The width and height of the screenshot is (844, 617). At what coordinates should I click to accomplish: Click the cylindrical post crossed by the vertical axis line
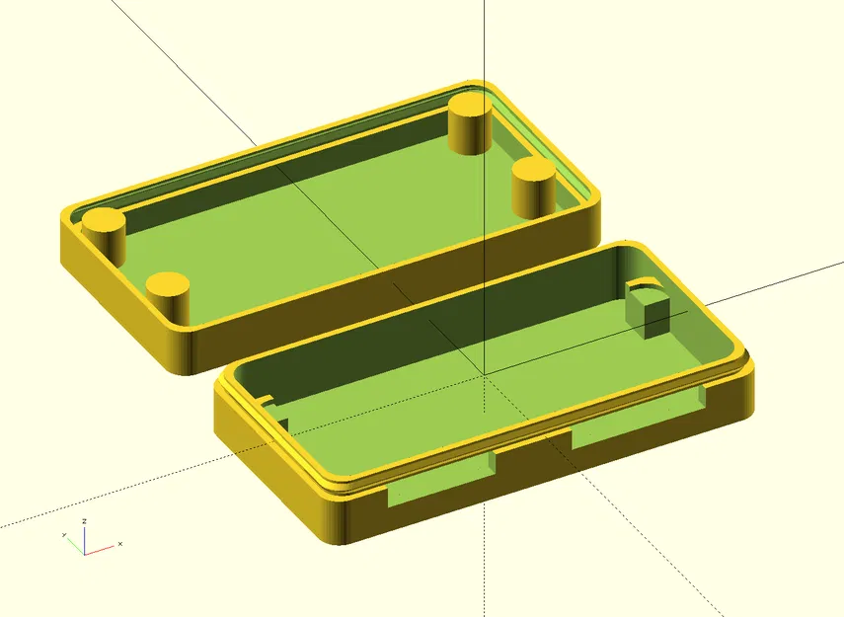(x=471, y=123)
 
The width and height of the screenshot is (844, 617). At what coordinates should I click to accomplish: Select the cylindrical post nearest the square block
(x=535, y=188)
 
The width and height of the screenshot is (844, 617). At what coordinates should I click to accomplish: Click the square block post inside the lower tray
(x=649, y=310)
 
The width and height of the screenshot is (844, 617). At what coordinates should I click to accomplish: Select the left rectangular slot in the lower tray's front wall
(x=442, y=482)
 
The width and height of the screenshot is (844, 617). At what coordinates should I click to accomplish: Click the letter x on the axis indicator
(x=119, y=544)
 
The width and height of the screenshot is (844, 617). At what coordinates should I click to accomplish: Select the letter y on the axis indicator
(x=64, y=534)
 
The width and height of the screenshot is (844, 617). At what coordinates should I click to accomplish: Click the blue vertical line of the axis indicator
(x=85, y=539)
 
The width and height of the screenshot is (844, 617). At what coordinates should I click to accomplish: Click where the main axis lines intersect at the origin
(x=484, y=374)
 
